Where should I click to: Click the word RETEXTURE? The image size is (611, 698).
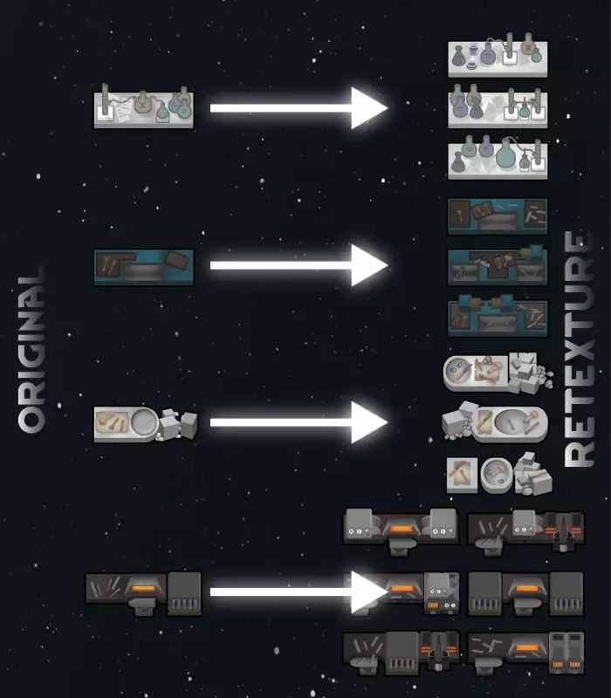(x=580, y=349)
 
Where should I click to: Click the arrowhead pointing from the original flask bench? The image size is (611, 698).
(x=368, y=108)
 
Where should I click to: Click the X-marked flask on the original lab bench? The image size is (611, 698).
(x=141, y=104)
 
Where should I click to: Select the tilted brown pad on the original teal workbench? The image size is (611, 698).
(x=177, y=260)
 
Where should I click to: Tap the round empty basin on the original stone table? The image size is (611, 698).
(x=146, y=422)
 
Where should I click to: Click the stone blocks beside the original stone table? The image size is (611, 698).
(x=179, y=424)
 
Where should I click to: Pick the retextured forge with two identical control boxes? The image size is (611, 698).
(x=401, y=527)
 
